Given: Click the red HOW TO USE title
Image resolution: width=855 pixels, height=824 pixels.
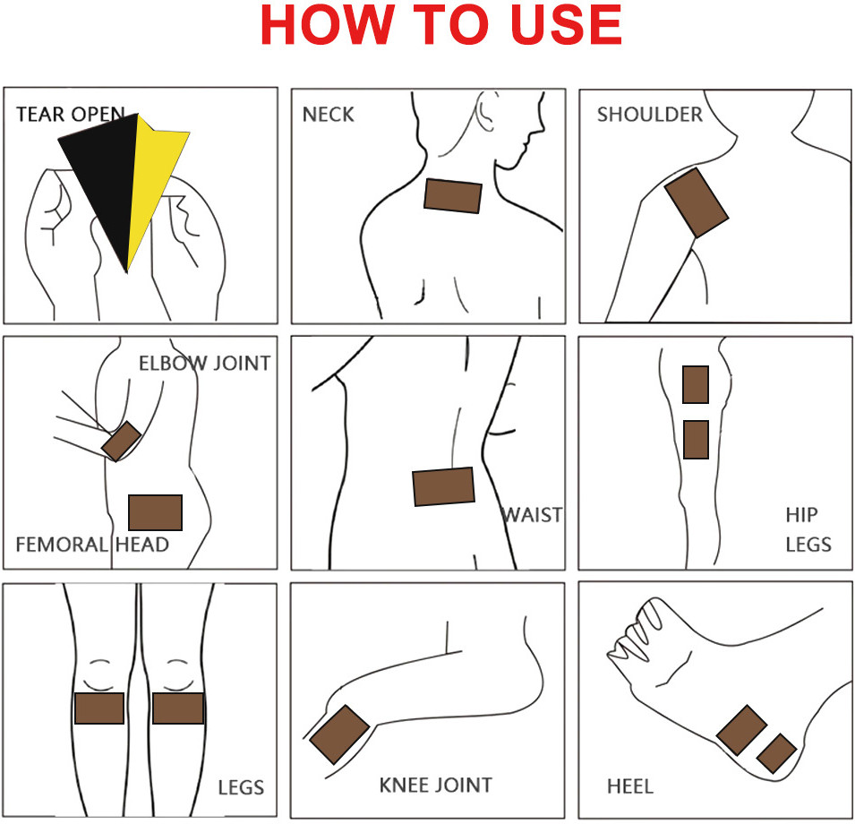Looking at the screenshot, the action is click(441, 25).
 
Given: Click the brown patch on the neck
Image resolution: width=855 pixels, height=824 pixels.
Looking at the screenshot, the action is click(453, 196).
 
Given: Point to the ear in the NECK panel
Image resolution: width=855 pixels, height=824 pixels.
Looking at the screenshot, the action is click(484, 112).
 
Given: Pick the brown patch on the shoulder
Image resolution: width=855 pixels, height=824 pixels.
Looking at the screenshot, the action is click(697, 202).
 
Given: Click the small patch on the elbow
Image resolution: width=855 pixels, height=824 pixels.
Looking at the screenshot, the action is click(121, 441).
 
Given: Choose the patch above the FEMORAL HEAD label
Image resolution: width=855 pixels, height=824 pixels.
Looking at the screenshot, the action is click(156, 512).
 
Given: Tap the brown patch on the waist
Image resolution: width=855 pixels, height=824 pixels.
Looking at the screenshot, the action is click(443, 486).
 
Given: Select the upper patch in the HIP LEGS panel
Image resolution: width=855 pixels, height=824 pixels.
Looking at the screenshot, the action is click(696, 384).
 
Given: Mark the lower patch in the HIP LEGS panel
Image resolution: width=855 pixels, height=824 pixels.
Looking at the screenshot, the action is click(697, 440).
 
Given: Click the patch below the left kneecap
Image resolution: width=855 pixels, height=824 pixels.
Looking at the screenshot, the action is click(99, 708).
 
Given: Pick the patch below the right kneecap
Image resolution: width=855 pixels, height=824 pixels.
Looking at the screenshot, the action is click(178, 708).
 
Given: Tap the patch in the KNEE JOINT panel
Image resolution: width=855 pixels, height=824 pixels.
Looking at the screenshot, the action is click(339, 734).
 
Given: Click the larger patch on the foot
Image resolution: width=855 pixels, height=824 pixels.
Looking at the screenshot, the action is click(741, 730).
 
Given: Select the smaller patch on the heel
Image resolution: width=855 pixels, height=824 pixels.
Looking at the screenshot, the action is click(776, 753).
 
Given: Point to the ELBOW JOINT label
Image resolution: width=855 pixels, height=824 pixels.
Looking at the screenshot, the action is click(204, 364).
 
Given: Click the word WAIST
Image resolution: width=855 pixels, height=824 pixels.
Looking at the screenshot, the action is click(532, 515).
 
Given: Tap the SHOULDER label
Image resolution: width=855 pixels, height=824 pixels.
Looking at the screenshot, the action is click(650, 115).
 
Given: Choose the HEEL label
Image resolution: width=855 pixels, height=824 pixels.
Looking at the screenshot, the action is click(630, 786).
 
